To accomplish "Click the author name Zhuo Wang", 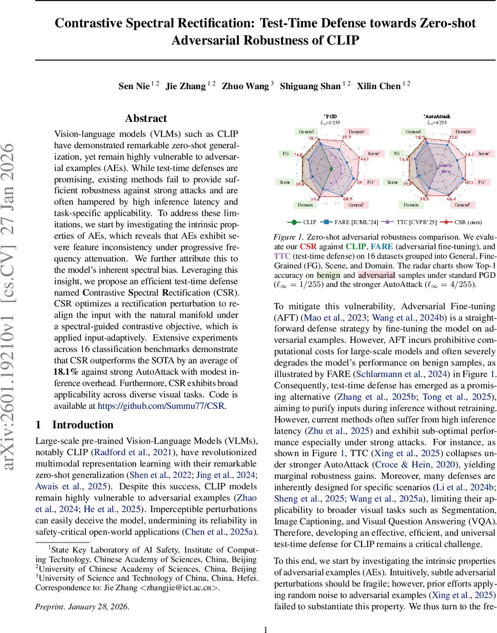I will point(246,86).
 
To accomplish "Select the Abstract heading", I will point(146,119).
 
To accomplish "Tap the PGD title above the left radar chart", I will point(331,116).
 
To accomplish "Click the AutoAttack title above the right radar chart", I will point(437,116).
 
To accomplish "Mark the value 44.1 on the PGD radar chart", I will point(365,158).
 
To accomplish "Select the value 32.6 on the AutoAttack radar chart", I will point(453,138).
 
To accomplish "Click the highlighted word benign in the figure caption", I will point(329,276).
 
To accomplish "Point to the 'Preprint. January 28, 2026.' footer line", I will point(82,607).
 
